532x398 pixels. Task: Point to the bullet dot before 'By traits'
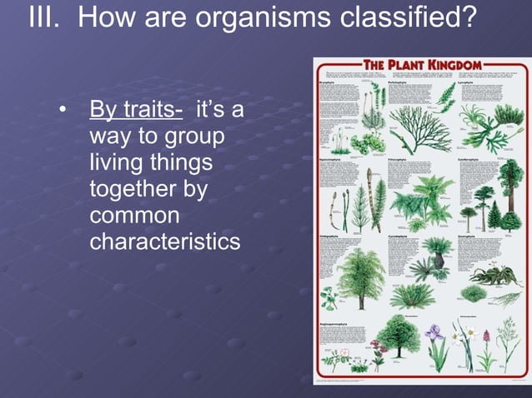(62, 112)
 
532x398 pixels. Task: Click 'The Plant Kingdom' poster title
(422, 65)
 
